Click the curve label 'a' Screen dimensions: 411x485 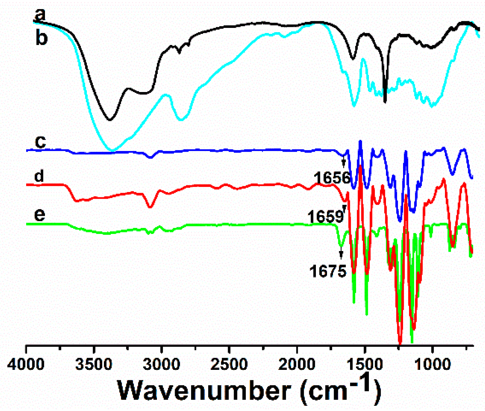[x=40, y=15]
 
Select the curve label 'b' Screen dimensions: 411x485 [x=41, y=38]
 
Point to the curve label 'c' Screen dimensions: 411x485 [x=40, y=142]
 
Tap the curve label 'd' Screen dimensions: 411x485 [x=39, y=176]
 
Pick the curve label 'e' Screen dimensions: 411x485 [x=39, y=214]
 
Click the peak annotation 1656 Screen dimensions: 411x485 [x=332, y=178]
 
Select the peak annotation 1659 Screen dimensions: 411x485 [x=325, y=217]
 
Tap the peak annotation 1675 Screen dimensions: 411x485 [x=328, y=271]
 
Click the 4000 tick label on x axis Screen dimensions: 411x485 [x=26, y=365]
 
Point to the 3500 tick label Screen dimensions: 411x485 [x=94, y=365]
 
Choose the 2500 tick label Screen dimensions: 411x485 [x=229, y=365]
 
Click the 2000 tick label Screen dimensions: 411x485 [x=297, y=365]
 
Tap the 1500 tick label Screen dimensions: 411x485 [x=365, y=365]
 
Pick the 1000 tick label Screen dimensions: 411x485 [x=432, y=365]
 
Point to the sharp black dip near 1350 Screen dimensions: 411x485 [x=385, y=101]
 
